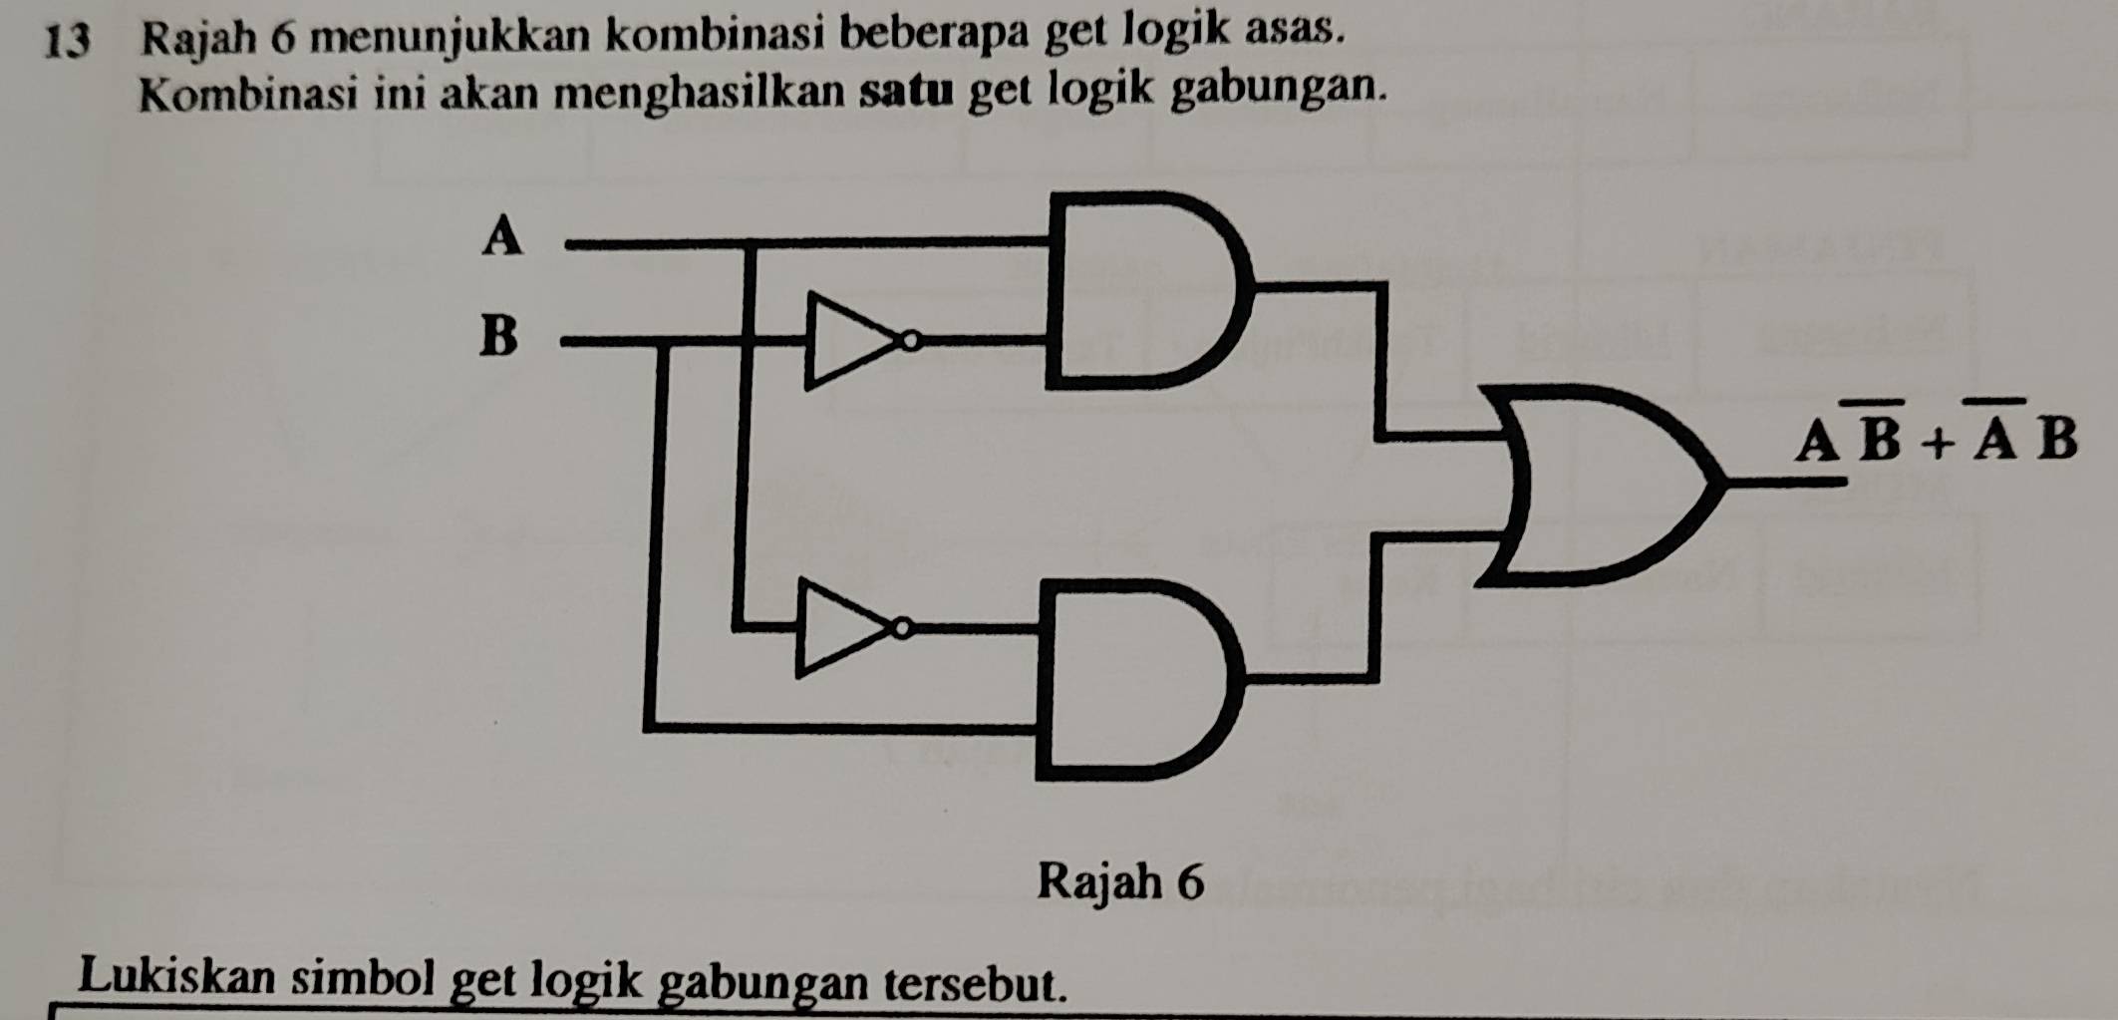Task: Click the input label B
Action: [499, 335]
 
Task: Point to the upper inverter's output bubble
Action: [910, 342]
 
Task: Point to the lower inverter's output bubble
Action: [902, 628]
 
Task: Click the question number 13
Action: [70, 38]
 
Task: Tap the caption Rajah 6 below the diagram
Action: [1120, 881]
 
